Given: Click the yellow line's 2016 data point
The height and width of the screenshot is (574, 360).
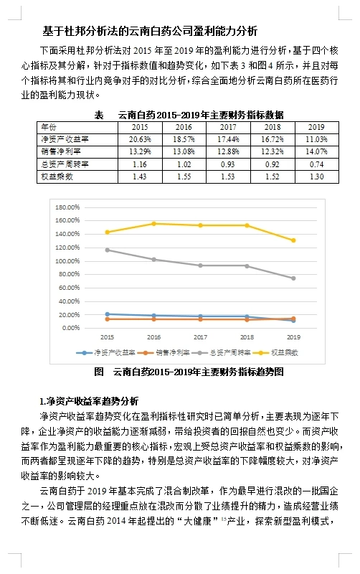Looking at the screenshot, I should (x=154, y=224).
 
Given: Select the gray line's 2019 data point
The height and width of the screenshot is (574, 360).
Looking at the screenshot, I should (x=293, y=278).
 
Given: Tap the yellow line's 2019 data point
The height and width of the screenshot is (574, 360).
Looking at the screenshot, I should (x=293, y=240).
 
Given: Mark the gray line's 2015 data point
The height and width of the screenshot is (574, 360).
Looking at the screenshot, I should (x=108, y=250).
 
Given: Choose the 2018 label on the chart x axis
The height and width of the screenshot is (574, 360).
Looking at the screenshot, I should (x=247, y=337).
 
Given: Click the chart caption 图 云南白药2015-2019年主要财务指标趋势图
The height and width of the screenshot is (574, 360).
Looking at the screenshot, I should (x=189, y=372).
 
